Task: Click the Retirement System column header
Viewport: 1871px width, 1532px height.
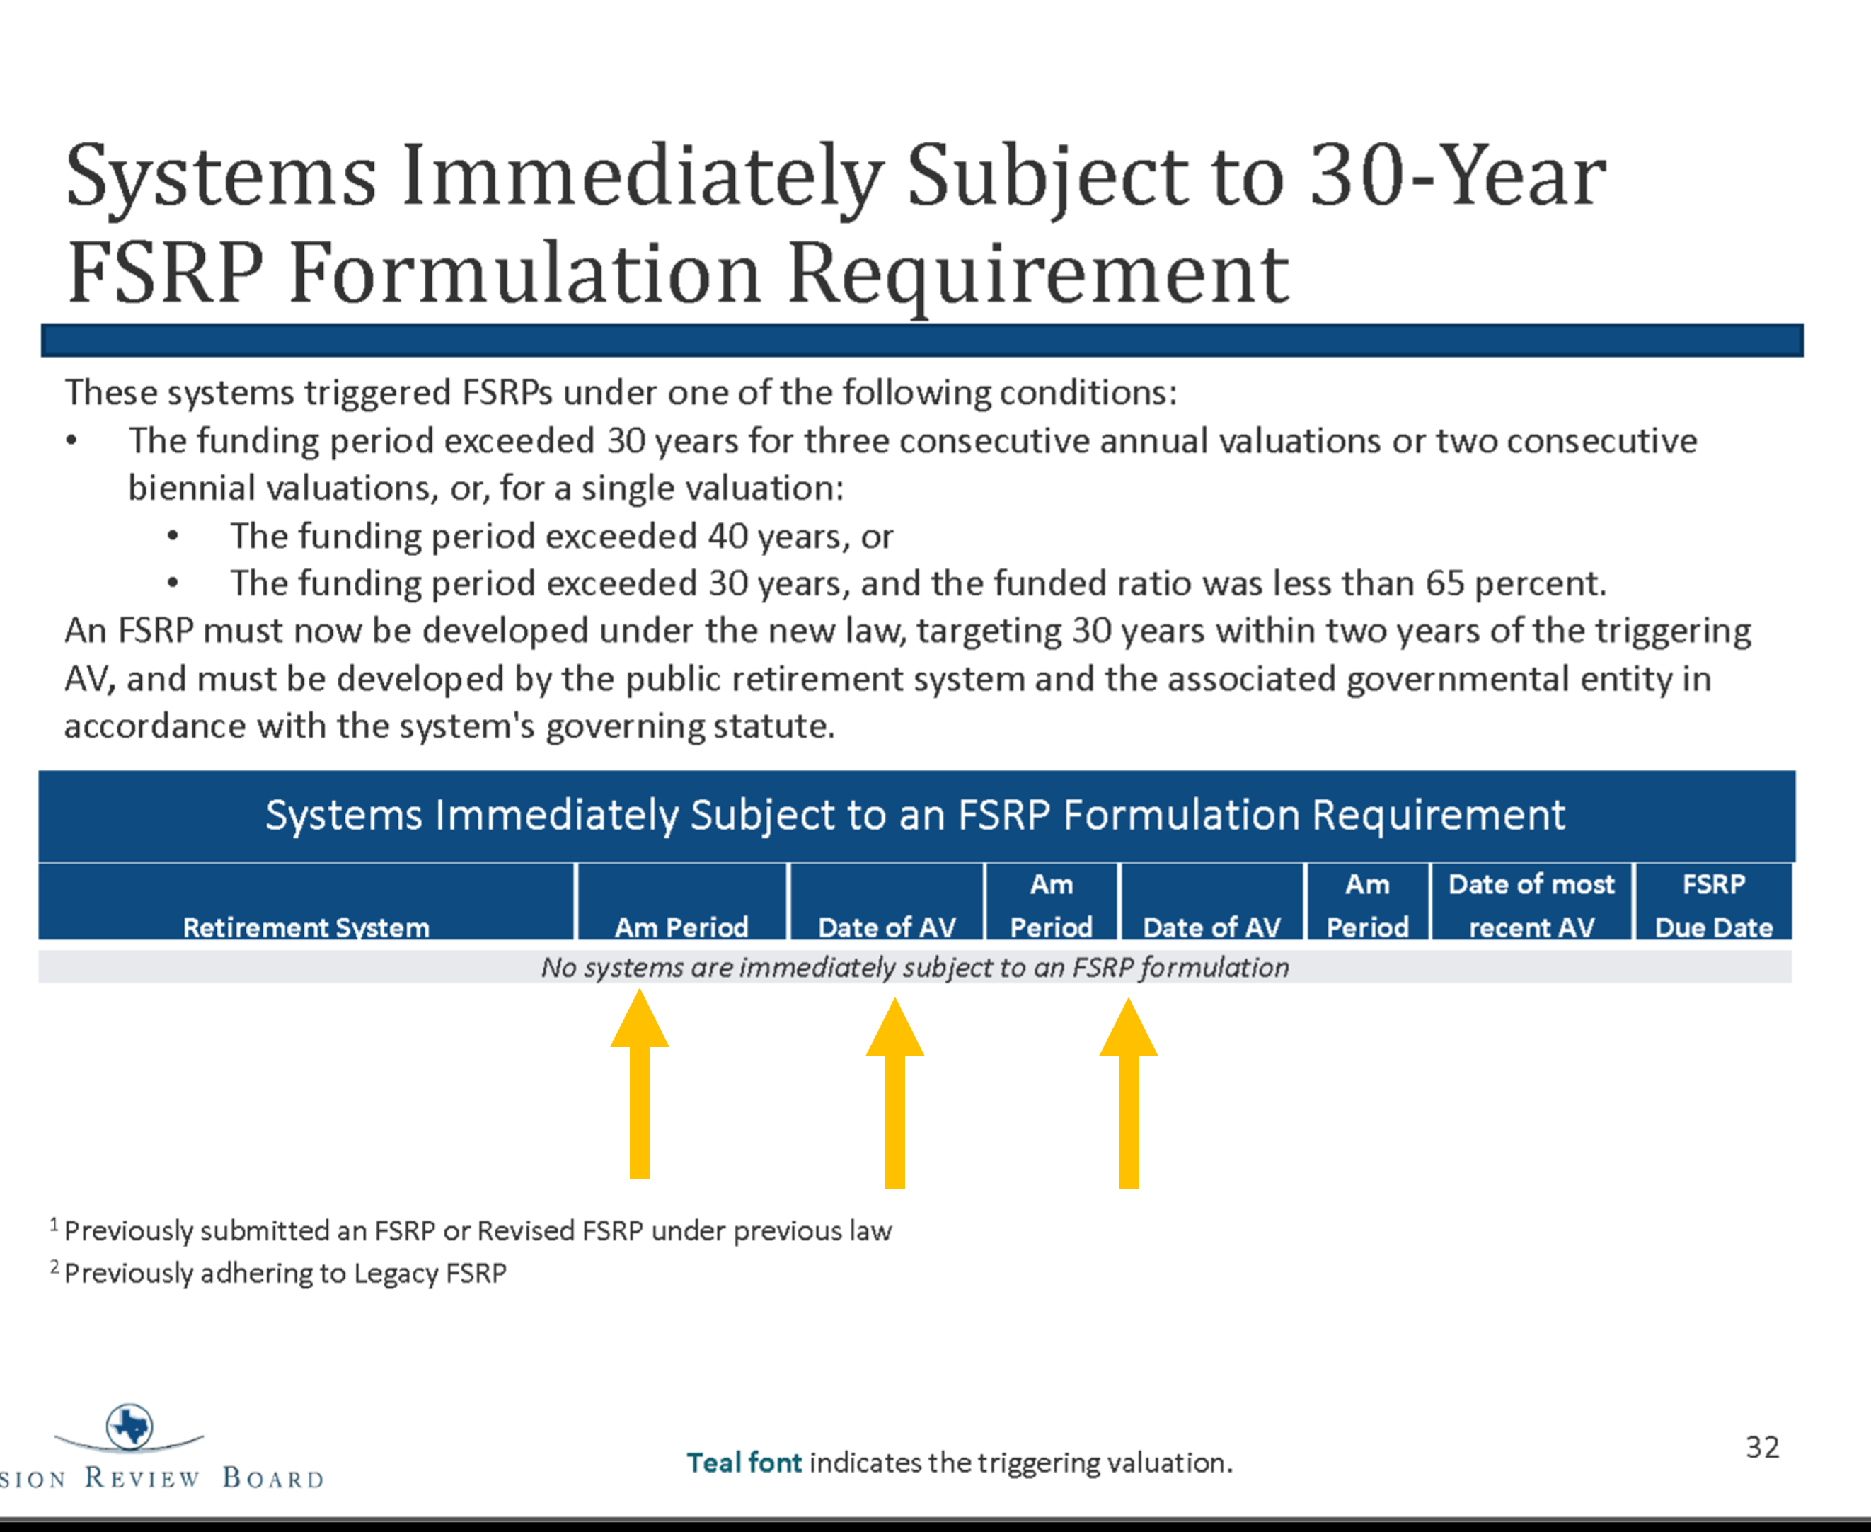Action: point(306,927)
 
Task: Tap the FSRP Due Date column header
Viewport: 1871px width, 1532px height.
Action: point(1714,905)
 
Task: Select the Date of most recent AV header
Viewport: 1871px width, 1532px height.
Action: point(1531,905)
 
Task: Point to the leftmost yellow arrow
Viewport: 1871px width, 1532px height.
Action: point(640,1084)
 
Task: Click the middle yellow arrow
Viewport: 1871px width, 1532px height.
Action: point(895,1092)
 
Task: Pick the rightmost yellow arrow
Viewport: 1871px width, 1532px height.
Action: point(1128,1092)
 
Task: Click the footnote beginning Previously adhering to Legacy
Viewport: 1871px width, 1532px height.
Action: point(279,1273)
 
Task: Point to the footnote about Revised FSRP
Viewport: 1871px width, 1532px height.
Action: point(471,1230)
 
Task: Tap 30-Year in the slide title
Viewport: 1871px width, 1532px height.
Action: point(1457,176)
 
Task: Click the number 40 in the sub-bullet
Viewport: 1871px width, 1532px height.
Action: point(727,536)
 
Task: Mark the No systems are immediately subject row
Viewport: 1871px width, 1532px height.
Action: point(915,967)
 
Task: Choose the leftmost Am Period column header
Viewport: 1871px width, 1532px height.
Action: point(681,927)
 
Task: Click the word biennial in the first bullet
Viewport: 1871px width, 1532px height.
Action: point(192,488)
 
